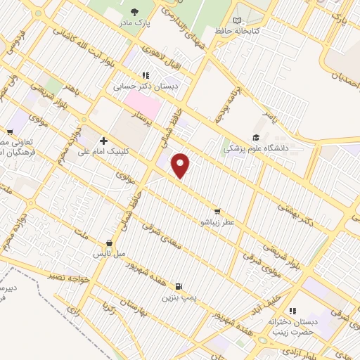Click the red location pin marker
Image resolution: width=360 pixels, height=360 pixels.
pos(181,165)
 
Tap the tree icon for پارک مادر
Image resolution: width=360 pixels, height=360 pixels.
pos(135,12)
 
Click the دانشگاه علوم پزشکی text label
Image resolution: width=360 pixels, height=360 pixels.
pos(257,149)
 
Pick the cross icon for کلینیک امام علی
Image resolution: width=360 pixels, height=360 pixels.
pos(103,141)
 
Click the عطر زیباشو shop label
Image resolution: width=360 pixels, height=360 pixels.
pos(218,222)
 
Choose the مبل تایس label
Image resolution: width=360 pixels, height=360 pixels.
pos(109,251)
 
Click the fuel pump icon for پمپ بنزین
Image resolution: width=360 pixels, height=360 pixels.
pos(179,286)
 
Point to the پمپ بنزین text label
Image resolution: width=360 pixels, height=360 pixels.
pos(179,298)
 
